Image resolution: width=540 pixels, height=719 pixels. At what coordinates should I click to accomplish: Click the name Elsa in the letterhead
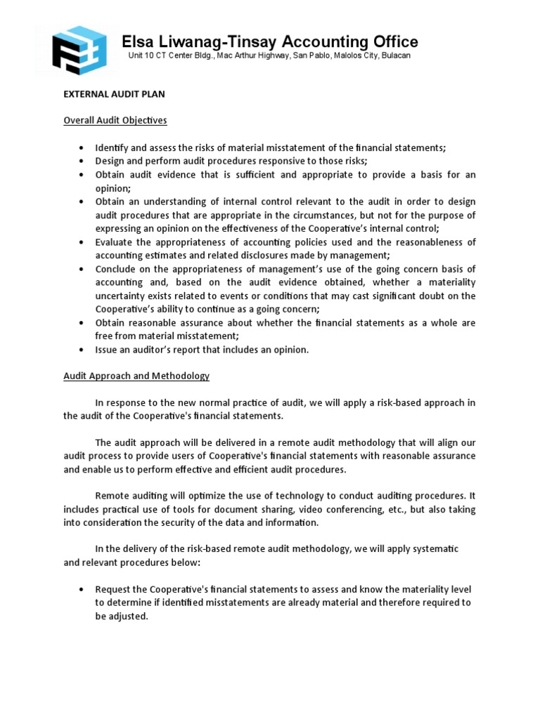pyautogui.click(x=139, y=41)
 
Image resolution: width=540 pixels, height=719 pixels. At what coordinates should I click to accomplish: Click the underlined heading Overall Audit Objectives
pyautogui.click(x=115, y=120)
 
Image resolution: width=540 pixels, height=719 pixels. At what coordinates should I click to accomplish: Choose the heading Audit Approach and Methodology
pyautogui.click(x=136, y=376)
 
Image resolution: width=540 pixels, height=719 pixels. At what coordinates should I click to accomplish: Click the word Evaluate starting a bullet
pyautogui.click(x=115, y=242)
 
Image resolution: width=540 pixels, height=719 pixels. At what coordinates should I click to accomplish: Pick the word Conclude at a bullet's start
pyautogui.click(x=117, y=270)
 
